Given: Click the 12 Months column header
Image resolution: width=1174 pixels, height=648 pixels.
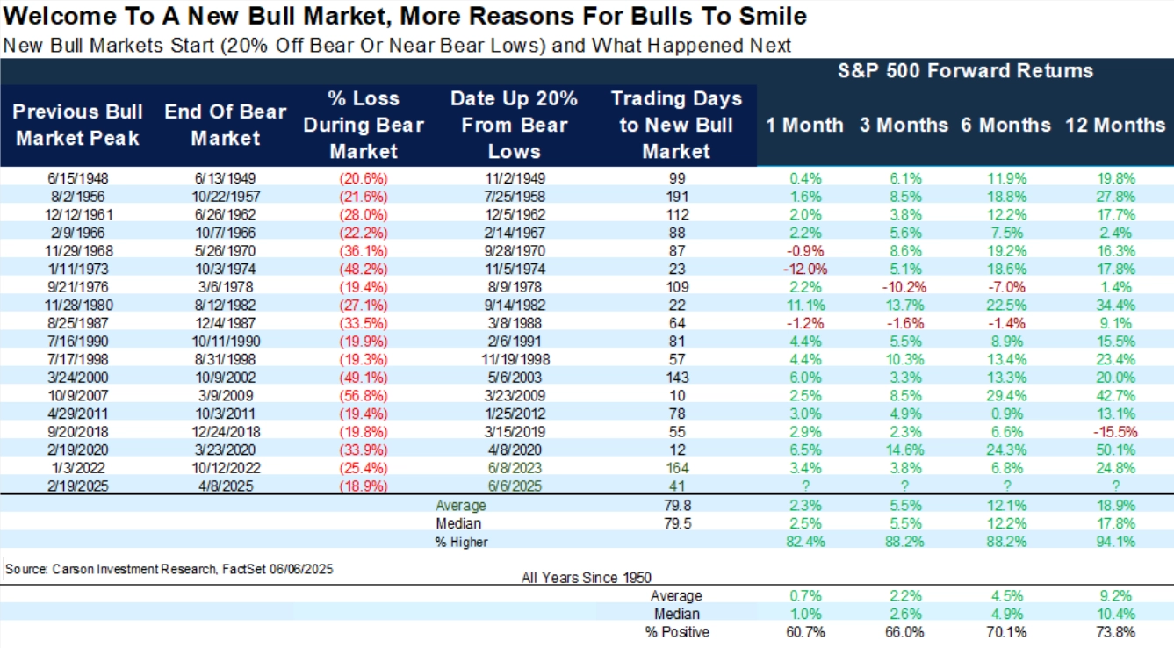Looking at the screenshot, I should [x=1115, y=126].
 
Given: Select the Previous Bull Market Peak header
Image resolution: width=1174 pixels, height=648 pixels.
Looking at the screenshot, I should [x=78, y=126].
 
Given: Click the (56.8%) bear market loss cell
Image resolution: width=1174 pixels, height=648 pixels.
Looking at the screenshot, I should [x=364, y=395].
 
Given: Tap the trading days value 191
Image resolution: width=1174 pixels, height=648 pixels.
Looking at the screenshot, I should [x=675, y=196].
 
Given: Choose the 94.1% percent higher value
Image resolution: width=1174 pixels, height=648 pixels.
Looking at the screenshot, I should [x=1115, y=542].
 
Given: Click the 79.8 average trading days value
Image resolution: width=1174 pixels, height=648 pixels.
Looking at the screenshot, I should [x=675, y=506].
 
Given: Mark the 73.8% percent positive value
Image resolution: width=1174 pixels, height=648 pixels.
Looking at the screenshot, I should [x=1115, y=632].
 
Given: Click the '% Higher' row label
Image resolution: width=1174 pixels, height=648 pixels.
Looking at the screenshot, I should [x=462, y=542].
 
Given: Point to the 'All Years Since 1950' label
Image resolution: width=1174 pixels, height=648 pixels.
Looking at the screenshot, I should [x=587, y=577].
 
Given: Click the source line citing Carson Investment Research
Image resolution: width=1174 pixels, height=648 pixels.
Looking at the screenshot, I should [x=169, y=569].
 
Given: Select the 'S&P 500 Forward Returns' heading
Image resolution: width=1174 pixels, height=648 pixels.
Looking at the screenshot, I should [x=965, y=71].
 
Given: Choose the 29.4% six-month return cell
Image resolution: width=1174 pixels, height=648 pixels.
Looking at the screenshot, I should [x=1005, y=395].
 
